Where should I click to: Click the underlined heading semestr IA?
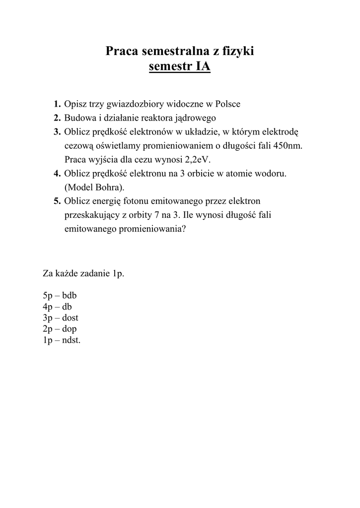tap(180, 66)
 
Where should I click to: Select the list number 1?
tap(57, 104)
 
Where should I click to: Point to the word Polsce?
tap(227, 104)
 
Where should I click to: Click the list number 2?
tap(57, 118)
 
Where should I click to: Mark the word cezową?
tap(79, 146)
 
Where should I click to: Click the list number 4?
tap(57, 174)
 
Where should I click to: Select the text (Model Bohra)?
tap(94, 188)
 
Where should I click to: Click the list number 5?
tap(57, 201)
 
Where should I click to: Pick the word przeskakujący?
tap(93, 215)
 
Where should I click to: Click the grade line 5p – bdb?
tap(60, 296)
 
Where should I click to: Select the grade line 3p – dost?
tap(61, 318)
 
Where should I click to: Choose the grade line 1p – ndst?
tap(62, 340)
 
